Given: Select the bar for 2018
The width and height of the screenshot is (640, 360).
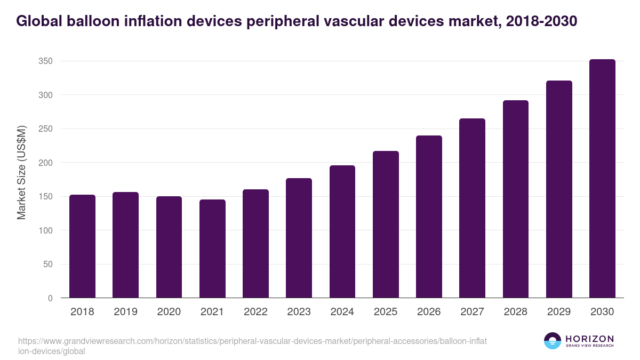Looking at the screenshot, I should pyautogui.click(x=82, y=246).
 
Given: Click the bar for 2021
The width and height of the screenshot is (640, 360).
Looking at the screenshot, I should pyautogui.click(x=212, y=249).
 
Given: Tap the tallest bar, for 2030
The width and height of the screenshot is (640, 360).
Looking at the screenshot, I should pyautogui.click(x=602, y=179).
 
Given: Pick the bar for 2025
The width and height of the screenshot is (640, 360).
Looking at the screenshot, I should pyautogui.click(x=386, y=225).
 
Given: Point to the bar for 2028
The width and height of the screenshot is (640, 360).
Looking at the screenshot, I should pyautogui.click(x=516, y=199).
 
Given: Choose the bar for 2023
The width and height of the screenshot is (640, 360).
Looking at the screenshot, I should pyautogui.click(x=299, y=238).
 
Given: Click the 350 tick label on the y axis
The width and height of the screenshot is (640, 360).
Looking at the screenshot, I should pyautogui.click(x=45, y=61).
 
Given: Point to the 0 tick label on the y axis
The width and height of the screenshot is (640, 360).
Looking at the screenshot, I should pyautogui.click(x=50, y=298).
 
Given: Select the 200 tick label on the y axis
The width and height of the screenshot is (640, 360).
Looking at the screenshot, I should pyautogui.click(x=45, y=163).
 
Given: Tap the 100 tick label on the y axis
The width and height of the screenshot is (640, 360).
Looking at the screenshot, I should pyautogui.click(x=45, y=230).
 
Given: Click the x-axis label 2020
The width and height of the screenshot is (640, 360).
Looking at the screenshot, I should pyautogui.click(x=169, y=312).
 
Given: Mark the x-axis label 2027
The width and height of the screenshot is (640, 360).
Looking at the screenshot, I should pyautogui.click(x=472, y=312).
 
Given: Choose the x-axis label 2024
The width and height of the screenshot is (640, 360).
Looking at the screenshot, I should pyautogui.click(x=342, y=312).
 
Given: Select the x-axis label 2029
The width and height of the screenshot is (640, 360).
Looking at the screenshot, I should pyautogui.click(x=559, y=312).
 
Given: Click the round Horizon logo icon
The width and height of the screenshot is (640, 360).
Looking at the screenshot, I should pyautogui.click(x=553, y=341).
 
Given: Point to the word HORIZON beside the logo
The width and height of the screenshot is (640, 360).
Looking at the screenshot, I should pyautogui.click(x=589, y=339).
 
